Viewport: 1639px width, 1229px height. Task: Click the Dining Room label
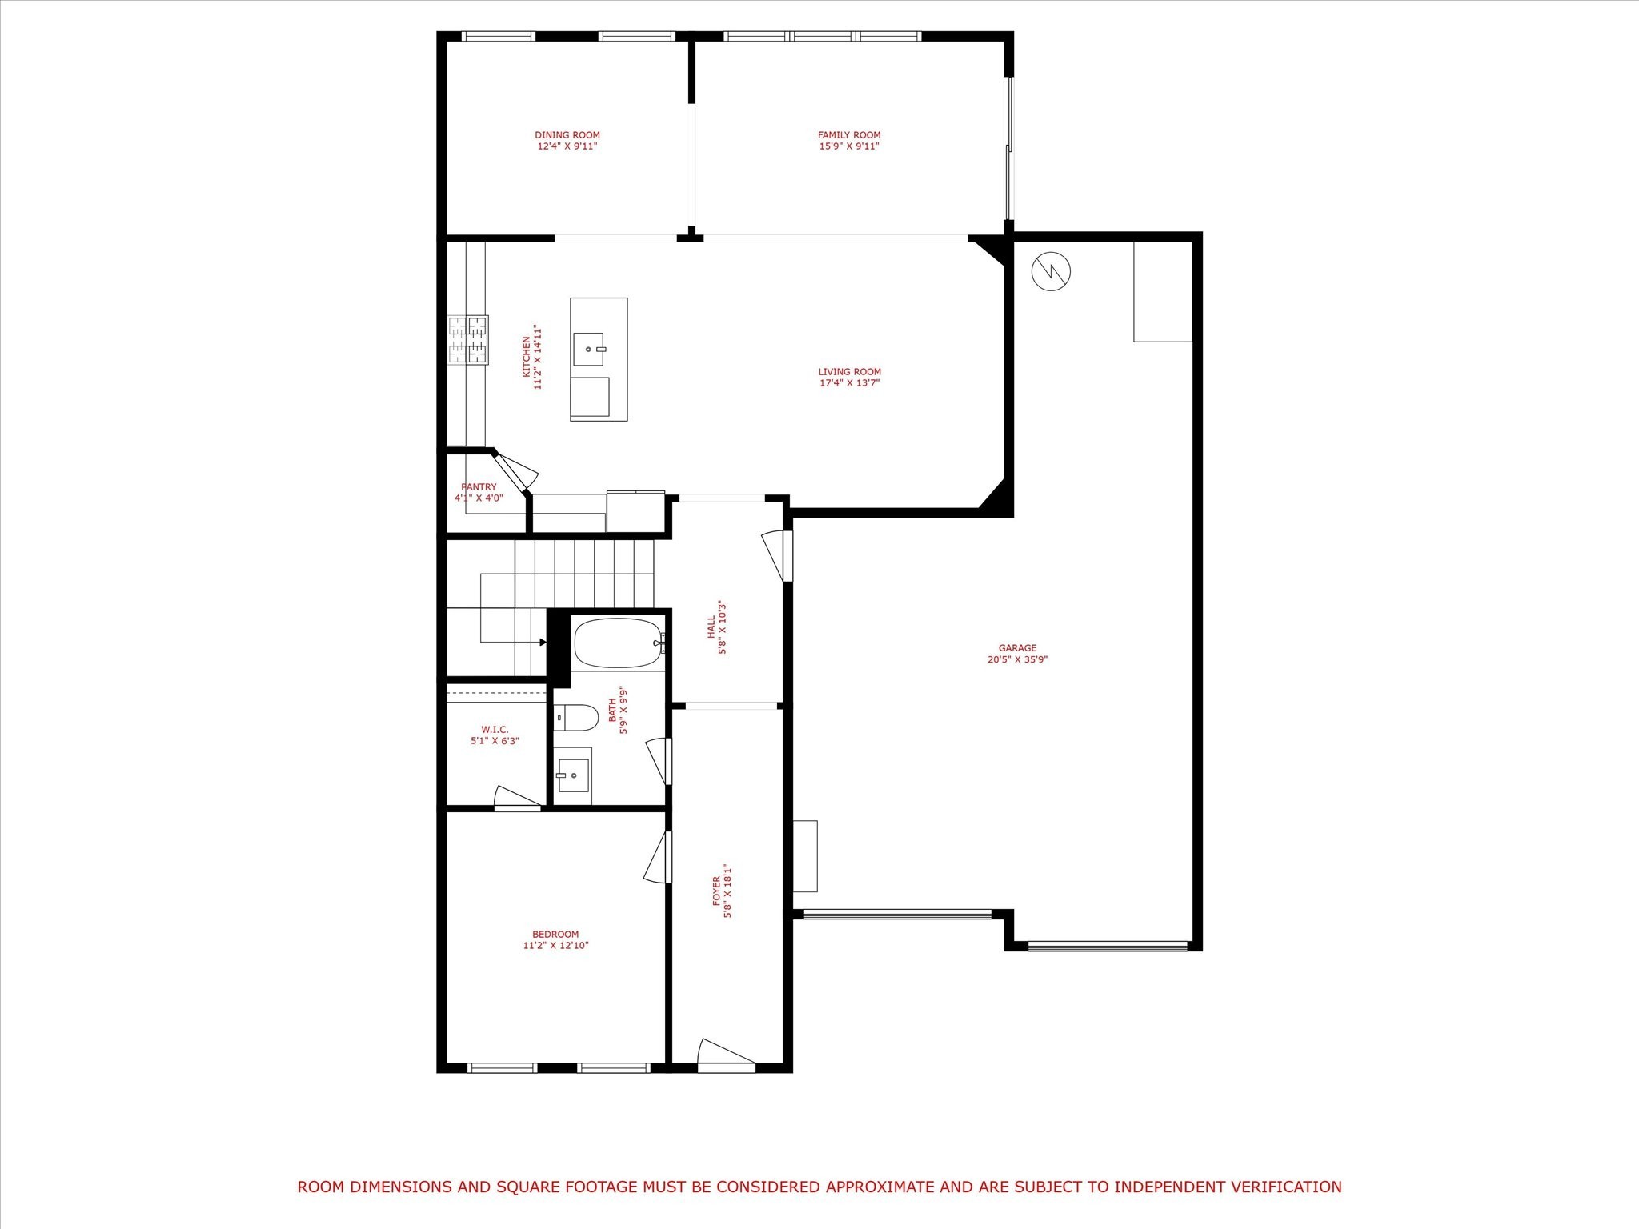pos(567,135)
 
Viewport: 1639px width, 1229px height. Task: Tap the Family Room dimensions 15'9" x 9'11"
pos(849,146)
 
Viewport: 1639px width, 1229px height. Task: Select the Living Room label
pos(850,372)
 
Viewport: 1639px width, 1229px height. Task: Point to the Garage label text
pos(1018,648)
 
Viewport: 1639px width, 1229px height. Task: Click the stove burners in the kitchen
pos(468,340)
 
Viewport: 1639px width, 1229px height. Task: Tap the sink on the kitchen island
pos(588,350)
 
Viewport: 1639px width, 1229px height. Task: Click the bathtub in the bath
pos(619,643)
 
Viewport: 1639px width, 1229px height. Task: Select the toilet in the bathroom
pos(576,718)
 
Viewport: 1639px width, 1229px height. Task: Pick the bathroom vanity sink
pos(572,775)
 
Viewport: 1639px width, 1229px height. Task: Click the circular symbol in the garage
pos(1051,272)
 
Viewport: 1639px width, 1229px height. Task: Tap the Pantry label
pos(479,487)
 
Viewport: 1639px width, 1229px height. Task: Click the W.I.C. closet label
pos(495,730)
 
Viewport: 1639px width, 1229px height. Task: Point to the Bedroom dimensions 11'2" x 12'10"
pos(556,946)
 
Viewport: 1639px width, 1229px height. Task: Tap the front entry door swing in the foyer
pos(726,1054)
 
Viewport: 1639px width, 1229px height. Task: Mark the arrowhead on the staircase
pos(543,642)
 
